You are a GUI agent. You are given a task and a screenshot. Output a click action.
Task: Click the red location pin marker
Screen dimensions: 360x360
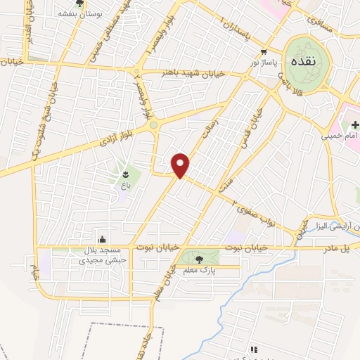(x=181, y=165)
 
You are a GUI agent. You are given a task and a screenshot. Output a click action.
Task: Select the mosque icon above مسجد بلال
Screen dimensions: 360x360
(x=103, y=238)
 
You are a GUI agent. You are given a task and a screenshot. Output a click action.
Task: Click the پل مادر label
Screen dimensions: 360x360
(x=335, y=249)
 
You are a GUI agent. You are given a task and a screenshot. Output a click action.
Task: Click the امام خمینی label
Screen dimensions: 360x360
(x=345, y=136)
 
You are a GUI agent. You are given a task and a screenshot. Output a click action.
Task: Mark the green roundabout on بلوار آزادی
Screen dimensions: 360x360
(x=153, y=125)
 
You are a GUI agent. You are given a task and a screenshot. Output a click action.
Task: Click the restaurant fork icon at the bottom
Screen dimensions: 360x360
(x=254, y=349)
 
